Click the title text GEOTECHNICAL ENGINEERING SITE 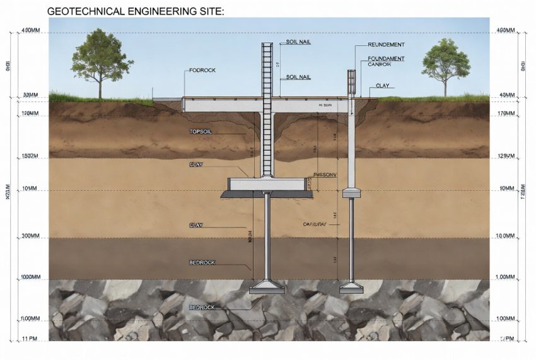pos(135,11)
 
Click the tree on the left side pos(98,60)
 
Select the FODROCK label pos(202,70)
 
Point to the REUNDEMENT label pos(386,45)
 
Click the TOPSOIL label pos(202,132)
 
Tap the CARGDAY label pos(315,224)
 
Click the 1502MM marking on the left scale pos(30,156)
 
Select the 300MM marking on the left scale pos(30,236)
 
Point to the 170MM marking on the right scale pos(506,114)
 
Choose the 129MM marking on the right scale pos(506,156)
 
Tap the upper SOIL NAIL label pos(299,42)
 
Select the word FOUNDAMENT pos(386,59)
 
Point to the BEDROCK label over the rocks pos(202,307)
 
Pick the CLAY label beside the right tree pos(382,85)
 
